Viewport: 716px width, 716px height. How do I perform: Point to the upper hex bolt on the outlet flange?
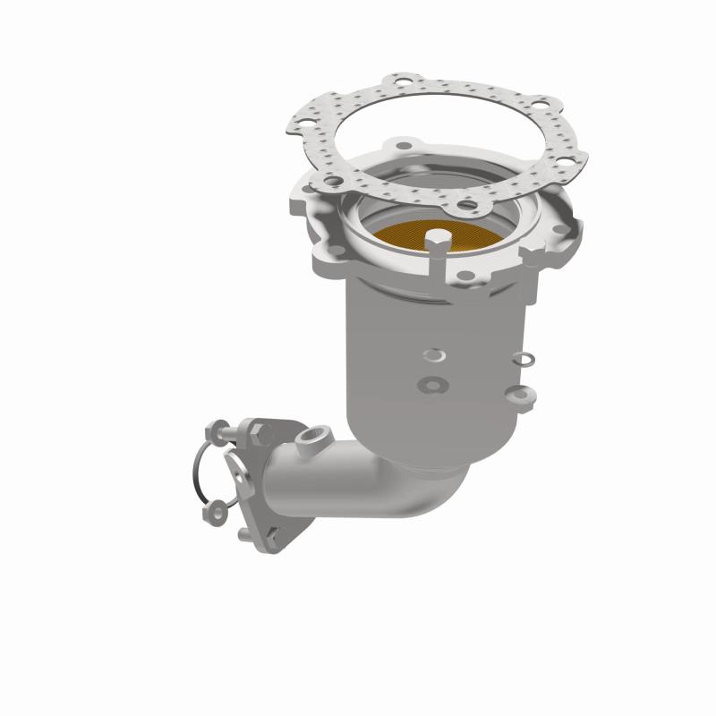coord(260,432)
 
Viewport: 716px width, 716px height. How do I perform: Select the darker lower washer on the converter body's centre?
coord(433,385)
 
